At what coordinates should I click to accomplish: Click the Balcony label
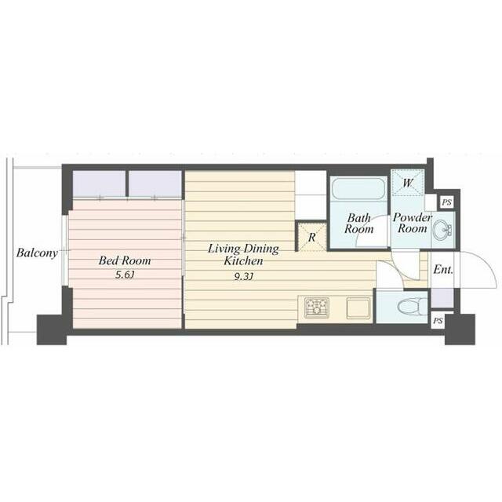[37, 253]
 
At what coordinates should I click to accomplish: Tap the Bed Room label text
[125, 260]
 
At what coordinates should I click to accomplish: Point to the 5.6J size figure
[125, 275]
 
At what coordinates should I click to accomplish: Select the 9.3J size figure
[244, 276]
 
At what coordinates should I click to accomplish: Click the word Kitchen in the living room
[243, 261]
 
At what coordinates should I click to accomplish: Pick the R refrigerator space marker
[312, 237]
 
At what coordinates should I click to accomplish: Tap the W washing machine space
[408, 182]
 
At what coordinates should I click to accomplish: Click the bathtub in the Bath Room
[358, 188]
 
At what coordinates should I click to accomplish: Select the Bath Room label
[359, 224]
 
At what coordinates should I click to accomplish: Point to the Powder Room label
[413, 223]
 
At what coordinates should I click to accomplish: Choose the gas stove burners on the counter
[317, 307]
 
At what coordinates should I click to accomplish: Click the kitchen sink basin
[358, 308]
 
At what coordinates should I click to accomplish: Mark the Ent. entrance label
[443, 270]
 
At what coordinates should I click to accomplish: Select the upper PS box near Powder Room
[446, 202]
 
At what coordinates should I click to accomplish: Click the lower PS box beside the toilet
[438, 321]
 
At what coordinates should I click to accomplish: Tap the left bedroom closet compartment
[99, 184]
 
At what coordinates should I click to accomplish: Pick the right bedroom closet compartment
[155, 184]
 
